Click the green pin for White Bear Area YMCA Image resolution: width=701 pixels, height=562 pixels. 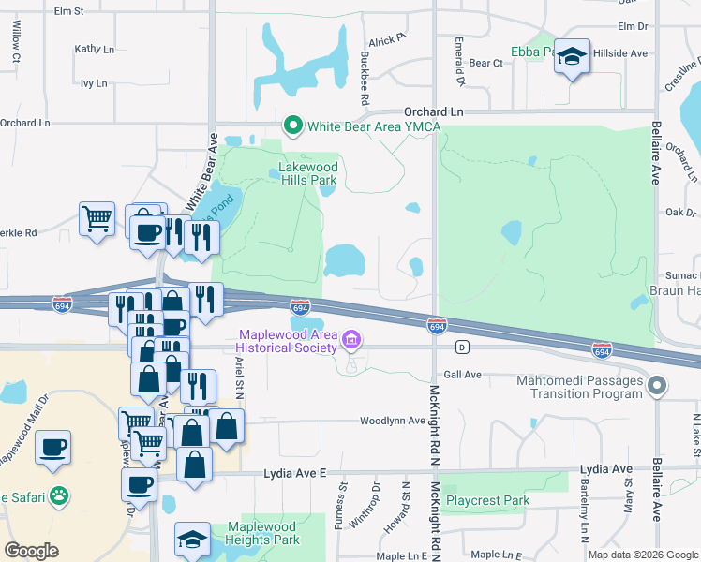[x=292, y=126]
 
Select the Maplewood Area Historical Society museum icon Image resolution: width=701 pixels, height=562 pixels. [x=351, y=339]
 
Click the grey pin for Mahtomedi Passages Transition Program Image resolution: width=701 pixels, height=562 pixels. [x=657, y=386]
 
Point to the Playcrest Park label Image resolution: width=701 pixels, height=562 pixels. [x=486, y=501]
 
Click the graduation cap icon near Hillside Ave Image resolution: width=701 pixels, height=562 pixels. [x=572, y=57]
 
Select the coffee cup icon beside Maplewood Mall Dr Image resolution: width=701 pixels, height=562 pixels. [x=54, y=446]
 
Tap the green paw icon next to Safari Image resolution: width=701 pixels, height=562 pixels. [x=59, y=494]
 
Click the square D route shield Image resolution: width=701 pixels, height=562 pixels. [x=461, y=348]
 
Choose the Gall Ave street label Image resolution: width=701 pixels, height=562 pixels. [x=462, y=375]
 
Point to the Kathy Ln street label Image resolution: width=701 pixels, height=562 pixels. [x=94, y=49]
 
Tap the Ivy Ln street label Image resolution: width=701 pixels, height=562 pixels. [x=94, y=83]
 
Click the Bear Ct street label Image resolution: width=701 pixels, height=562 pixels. [x=485, y=63]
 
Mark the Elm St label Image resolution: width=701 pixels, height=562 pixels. [x=69, y=11]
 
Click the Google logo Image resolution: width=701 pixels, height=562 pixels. [x=32, y=551]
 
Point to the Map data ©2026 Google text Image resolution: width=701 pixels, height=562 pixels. [x=642, y=555]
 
